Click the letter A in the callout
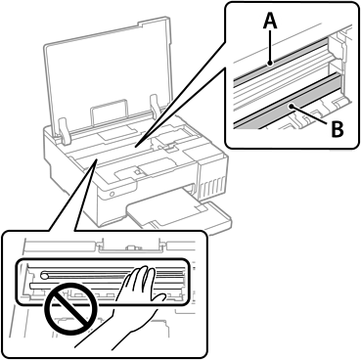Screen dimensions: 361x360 point(270,22)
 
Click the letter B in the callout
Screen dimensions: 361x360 point(338,129)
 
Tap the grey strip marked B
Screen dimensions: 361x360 point(287,102)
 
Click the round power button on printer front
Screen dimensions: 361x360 point(112,194)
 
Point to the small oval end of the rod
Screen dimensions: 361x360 point(45,276)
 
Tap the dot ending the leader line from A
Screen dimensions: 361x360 point(270,64)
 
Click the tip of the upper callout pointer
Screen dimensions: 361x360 point(136,146)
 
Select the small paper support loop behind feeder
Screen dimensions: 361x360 point(109,110)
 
